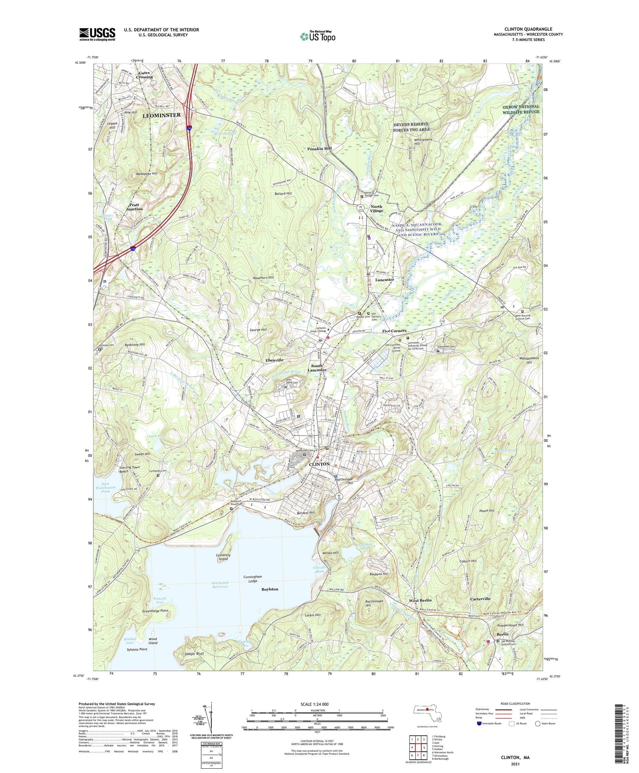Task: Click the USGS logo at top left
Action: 97,34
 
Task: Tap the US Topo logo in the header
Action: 317,36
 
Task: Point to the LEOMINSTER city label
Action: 161,116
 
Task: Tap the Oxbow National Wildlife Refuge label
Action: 521,109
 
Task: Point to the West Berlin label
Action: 420,600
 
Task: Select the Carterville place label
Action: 480,599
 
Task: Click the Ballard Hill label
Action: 283,194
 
